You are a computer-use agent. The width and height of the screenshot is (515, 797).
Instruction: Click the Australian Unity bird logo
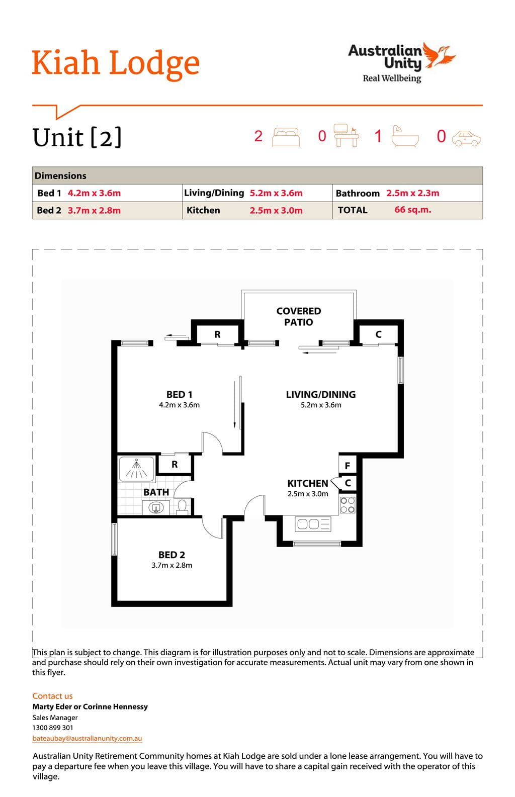pyautogui.click(x=440, y=55)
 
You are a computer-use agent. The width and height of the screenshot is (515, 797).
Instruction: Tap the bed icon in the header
pyautogui.click(x=286, y=137)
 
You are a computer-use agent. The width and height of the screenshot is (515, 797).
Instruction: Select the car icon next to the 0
pyautogui.click(x=466, y=138)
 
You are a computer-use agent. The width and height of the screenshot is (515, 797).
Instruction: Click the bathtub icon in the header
pyautogui.click(x=405, y=136)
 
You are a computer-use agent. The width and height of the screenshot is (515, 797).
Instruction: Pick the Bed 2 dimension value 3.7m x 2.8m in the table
pyautogui.click(x=95, y=210)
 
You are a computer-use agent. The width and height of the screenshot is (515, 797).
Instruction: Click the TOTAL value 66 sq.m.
pyautogui.click(x=412, y=210)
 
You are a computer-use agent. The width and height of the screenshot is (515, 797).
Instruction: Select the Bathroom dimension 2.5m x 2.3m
pyautogui.click(x=413, y=193)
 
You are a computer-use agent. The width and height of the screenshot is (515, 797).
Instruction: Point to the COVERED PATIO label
pyautogui.click(x=299, y=316)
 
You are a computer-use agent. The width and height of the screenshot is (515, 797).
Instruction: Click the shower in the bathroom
pyautogui.click(x=136, y=469)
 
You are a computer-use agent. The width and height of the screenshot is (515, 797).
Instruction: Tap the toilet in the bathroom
pyautogui.click(x=182, y=506)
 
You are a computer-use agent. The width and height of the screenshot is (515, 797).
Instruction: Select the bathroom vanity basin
pyautogui.click(x=155, y=507)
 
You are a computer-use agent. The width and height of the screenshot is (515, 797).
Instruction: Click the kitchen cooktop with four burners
pyautogui.click(x=348, y=505)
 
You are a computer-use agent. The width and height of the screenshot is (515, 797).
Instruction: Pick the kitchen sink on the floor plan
pyautogui.click(x=313, y=524)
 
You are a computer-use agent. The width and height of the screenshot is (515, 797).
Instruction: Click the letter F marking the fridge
pyautogui.click(x=348, y=466)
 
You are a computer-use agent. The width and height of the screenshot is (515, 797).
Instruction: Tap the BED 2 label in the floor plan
pyautogui.click(x=171, y=555)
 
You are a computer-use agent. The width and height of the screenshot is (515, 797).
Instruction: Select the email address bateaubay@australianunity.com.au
pyautogui.click(x=87, y=738)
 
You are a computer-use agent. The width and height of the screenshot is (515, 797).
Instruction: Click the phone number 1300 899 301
pyautogui.click(x=53, y=728)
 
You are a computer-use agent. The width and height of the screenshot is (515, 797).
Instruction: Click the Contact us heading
pyautogui.click(x=52, y=695)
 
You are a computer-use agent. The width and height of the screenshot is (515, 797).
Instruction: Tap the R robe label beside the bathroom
pyautogui.click(x=175, y=464)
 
